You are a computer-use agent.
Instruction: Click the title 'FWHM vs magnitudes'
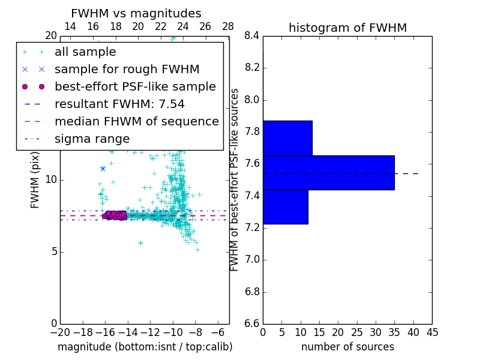136,14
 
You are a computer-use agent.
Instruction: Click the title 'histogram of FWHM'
347,28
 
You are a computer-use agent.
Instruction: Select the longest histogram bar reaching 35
328,173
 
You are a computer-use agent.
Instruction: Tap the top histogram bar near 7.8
287,138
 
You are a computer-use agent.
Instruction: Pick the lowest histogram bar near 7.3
285,207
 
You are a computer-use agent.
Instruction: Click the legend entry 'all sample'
85,52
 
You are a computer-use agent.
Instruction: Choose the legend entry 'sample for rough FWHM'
127,69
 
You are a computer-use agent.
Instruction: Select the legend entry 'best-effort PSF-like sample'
135,86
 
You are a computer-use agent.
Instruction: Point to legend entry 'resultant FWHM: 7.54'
119,104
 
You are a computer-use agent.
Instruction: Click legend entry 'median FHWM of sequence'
136,121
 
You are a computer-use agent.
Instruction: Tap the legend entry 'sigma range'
92,139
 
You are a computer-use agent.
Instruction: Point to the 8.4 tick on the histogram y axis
251,36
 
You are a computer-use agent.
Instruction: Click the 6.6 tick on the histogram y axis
251,324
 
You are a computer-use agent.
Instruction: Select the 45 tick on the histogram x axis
432,332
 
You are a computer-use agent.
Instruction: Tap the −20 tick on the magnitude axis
60,332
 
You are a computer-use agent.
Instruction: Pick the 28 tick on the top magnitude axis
228,26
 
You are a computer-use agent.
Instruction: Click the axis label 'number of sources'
347,347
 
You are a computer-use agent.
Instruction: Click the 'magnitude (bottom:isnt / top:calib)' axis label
145,347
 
